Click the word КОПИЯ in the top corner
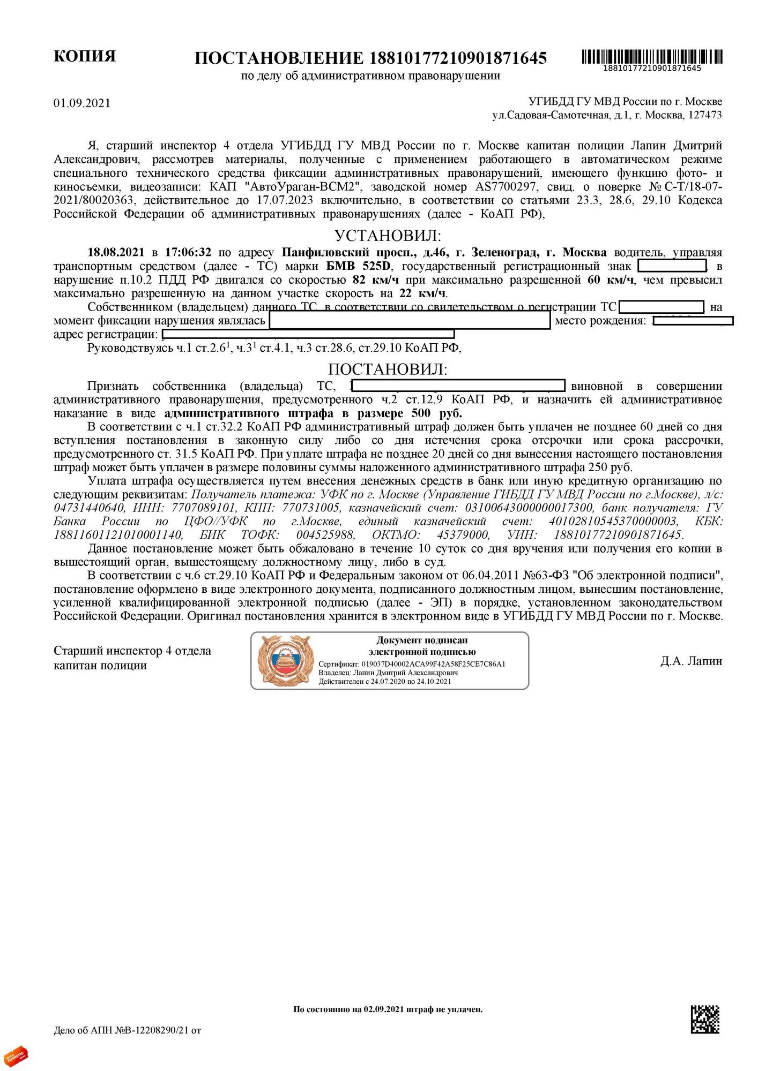[x=85, y=57]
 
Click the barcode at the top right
[x=652, y=56]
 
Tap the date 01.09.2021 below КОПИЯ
[x=82, y=103]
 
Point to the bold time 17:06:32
[x=188, y=252]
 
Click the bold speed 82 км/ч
[x=375, y=280]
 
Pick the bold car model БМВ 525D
[x=359, y=266]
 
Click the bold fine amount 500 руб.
[x=437, y=413]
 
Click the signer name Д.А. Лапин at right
[x=691, y=661]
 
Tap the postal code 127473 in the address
[x=704, y=115]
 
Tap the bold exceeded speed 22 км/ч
[x=422, y=293]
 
